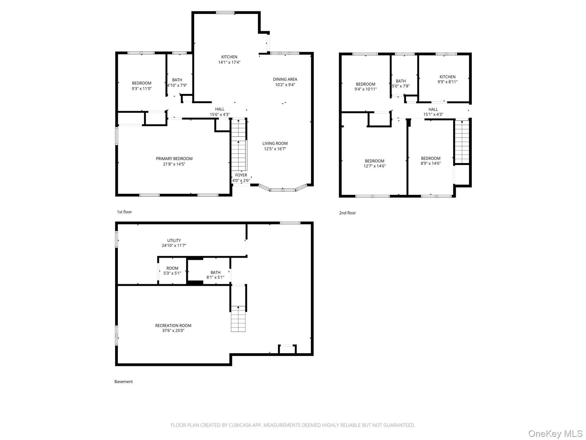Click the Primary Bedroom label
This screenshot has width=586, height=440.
pos(174,159)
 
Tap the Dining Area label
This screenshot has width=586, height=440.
pos(285,79)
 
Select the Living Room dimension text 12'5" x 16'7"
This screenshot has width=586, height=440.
pos(275,149)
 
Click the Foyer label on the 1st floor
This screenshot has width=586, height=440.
pos(241,175)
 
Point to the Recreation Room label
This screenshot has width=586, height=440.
pos(173,325)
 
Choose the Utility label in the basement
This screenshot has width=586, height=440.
pos(174,241)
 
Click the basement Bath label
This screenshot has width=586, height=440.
pos(215,272)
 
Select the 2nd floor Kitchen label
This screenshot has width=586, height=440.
pos(448,77)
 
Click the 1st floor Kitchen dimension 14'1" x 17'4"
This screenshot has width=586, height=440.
pos(229,62)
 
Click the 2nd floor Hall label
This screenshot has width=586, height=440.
pos(433,109)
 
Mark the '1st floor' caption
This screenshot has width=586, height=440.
pos(124,212)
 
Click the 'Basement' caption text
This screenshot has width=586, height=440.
pos(124,382)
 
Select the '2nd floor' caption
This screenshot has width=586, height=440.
pos(347,213)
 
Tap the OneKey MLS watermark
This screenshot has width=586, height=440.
pos(555,433)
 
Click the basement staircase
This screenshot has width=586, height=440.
pos(238,319)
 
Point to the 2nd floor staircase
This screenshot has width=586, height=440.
pos(462,142)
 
